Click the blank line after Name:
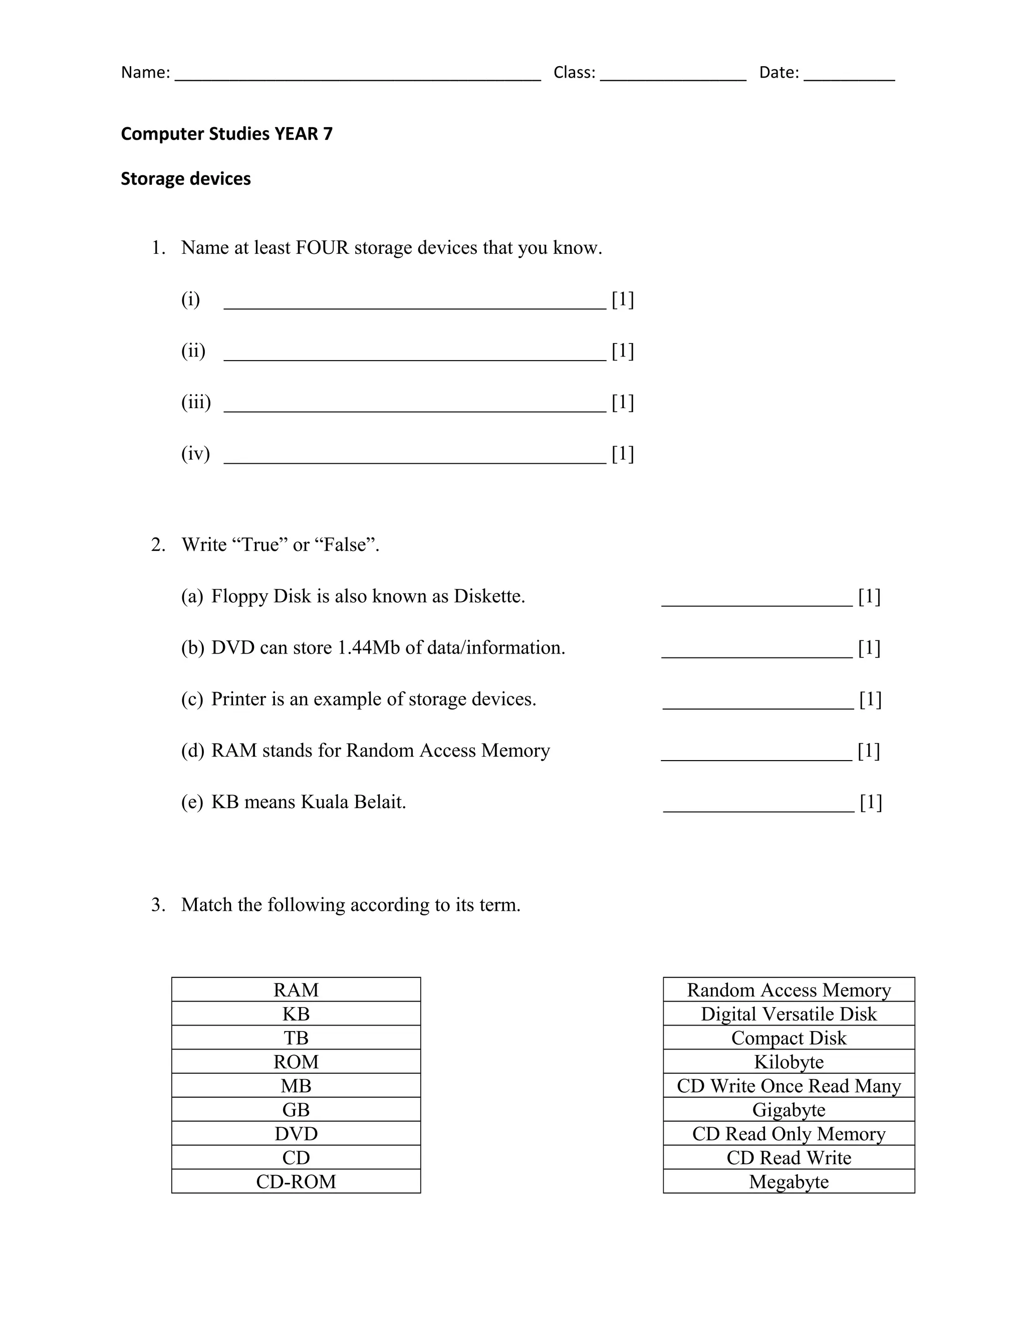click(x=357, y=78)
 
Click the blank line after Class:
click(x=673, y=78)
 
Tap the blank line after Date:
click(x=849, y=78)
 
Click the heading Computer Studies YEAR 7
click(x=227, y=134)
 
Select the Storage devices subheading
click(x=185, y=179)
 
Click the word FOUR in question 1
click(x=322, y=248)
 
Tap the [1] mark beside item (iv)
click(x=622, y=454)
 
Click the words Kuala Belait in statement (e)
click(x=353, y=802)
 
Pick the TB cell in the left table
click(x=296, y=1038)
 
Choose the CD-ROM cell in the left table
click(x=296, y=1182)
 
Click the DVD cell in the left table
click(x=296, y=1134)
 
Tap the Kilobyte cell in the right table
click(x=789, y=1062)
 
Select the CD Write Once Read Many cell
click(x=789, y=1086)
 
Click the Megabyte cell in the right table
click(x=789, y=1182)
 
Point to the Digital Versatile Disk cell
click(x=789, y=1014)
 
